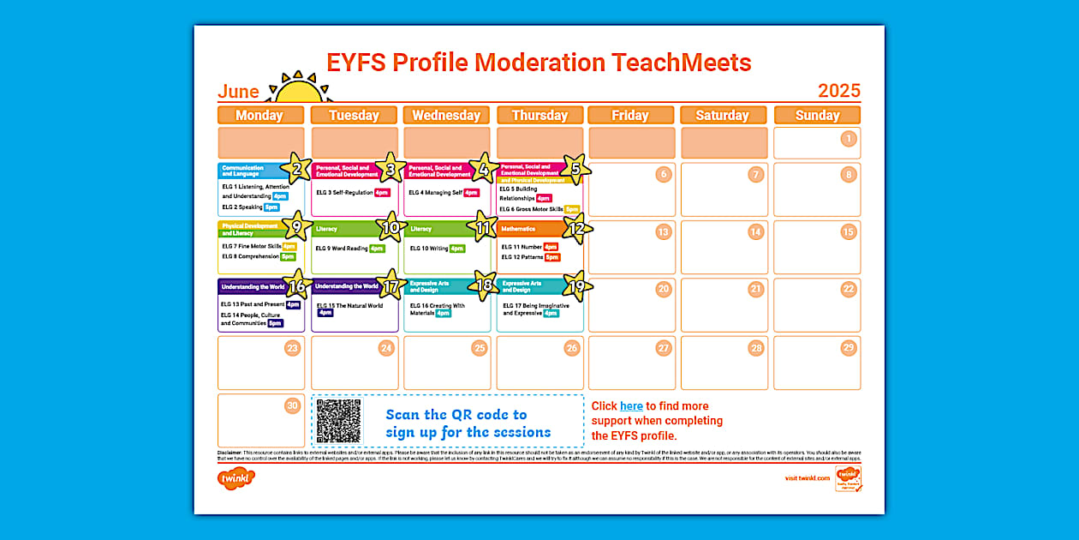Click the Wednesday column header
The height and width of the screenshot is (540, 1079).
coord(446,115)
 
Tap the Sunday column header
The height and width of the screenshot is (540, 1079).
coord(817,115)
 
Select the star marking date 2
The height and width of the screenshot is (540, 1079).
coord(296,169)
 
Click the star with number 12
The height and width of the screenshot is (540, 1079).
coord(576,228)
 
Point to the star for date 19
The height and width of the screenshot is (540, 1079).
coord(576,286)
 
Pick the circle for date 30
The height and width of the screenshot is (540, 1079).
coord(292,405)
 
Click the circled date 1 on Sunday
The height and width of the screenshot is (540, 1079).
coord(848,139)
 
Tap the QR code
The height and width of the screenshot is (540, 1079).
coord(339,421)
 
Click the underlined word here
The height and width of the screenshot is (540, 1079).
coord(631,406)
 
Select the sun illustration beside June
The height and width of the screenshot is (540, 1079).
coord(298,89)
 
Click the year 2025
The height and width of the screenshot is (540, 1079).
coord(838,91)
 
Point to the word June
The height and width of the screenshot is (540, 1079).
coord(238,92)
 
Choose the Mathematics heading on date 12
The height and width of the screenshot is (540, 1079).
coord(518,229)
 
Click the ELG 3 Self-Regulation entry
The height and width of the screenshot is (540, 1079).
coord(345,193)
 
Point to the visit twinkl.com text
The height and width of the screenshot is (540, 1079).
coord(807,478)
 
